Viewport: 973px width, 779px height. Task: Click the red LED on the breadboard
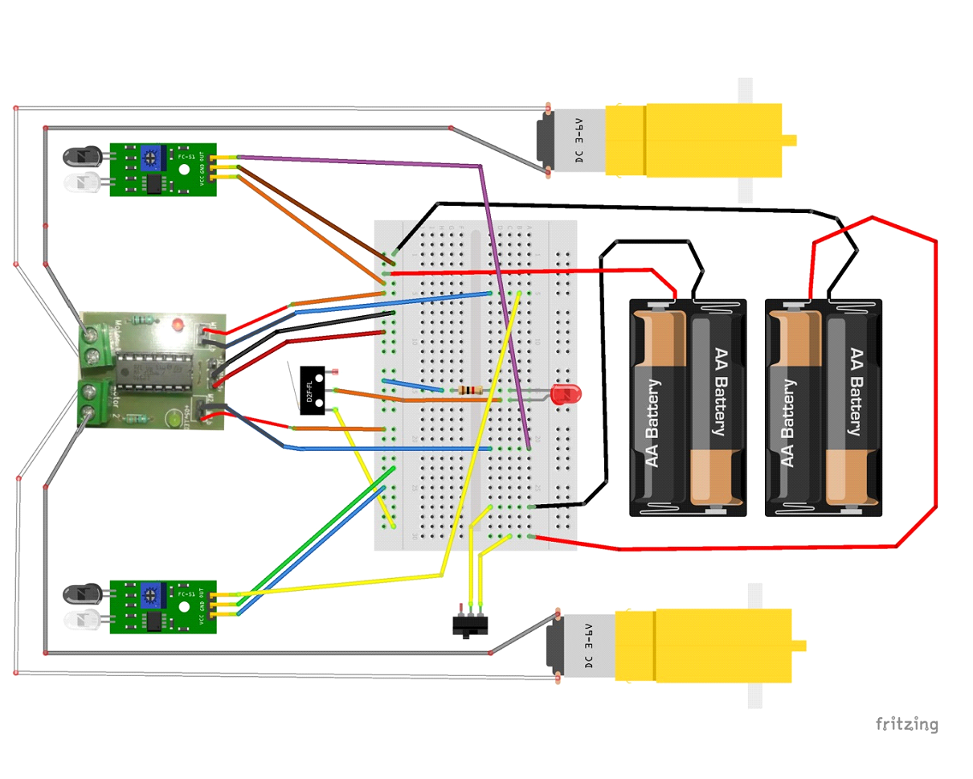566,395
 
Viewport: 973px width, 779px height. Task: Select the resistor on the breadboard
467,391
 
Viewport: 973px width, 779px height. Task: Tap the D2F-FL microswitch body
311,390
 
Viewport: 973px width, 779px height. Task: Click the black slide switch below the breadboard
470,625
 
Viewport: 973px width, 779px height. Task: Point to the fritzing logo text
906,724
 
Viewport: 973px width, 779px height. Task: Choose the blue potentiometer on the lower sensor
149,596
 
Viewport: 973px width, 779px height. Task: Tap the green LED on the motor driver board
173,418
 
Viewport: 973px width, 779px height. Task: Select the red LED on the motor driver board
178,326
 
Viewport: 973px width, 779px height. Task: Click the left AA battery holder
688,408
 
